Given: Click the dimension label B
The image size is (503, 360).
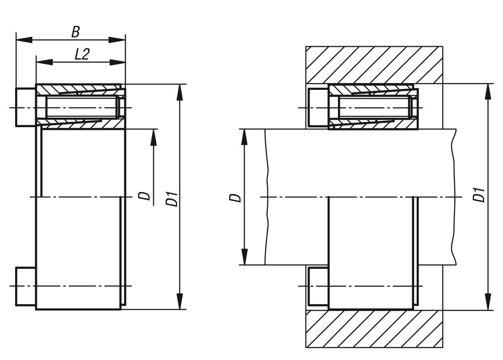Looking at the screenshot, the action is pyautogui.click(x=75, y=32).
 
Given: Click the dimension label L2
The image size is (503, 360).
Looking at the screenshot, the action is pyautogui.click(x=82, y=54).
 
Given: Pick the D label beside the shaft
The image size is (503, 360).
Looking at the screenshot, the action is pyautogui.click(x=235, y=198).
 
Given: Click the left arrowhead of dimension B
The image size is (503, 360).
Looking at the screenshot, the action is pyautogui.click(x=24, y=40).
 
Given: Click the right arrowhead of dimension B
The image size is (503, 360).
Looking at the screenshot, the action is pyautogui.click(x=117, y=40).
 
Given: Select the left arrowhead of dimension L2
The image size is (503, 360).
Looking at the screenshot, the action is pyautogui.click(x=44, y=62).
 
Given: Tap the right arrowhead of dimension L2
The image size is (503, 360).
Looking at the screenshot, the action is pyautogui.click(x=118, y=62).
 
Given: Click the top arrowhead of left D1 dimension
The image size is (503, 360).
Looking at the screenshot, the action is pyautogui.click(x=180, y=92).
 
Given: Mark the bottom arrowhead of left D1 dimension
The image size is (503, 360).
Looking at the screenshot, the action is pyautogui.click(x=180, y=301).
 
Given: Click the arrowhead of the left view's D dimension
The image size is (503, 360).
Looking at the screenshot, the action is pyautogui.click(x=153, y=138).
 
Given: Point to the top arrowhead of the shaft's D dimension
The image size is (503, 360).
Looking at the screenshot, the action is pyautogui.click(x=244, y=137).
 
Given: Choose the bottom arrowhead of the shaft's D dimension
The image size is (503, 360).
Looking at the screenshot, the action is pyautogui.click(x=244, y=257).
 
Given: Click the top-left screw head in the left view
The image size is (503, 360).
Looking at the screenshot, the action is pyautogui.click(x=26, y=107).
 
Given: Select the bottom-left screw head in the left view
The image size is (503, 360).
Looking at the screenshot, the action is pyautogui.click(x=26, y=287).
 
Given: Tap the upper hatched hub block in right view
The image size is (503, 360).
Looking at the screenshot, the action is pyautogui.click(x=374, y=65).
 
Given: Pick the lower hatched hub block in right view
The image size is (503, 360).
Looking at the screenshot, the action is pyautogui.click(x=374, y=329).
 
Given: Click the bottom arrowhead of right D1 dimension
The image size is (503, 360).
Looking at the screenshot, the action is pyautogui.click(x=488, y=302).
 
